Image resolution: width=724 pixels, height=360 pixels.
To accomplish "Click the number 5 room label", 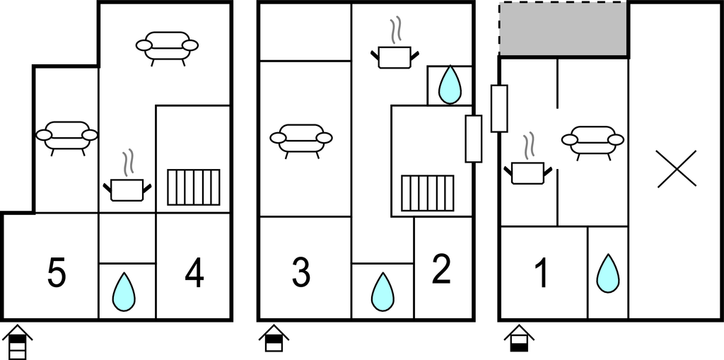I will coord(57,274).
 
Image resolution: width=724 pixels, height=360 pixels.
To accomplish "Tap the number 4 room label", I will coord(194,274).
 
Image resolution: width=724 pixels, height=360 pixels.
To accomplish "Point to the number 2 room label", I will coord(441,270).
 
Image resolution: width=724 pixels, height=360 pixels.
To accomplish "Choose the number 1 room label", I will coord(542,274).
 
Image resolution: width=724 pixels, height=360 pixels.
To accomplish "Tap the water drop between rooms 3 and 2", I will coord(383,291).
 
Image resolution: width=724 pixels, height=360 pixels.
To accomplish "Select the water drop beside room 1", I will coord(607,274).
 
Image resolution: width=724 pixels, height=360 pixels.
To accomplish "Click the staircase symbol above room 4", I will coord(193,187).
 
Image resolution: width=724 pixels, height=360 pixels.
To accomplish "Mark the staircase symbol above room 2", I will coord(427,193).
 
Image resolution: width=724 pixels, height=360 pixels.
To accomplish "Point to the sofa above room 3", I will coord(301,139).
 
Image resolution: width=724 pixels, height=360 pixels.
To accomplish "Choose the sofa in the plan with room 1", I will coord(592,140).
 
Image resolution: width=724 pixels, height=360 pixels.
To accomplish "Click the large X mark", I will coord(677,168).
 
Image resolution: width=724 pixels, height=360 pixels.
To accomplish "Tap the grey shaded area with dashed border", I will coord(564,29).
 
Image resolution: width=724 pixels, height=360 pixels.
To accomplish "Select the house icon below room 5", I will coord(17,342).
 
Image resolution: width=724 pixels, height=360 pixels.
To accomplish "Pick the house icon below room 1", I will coord(519,338).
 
